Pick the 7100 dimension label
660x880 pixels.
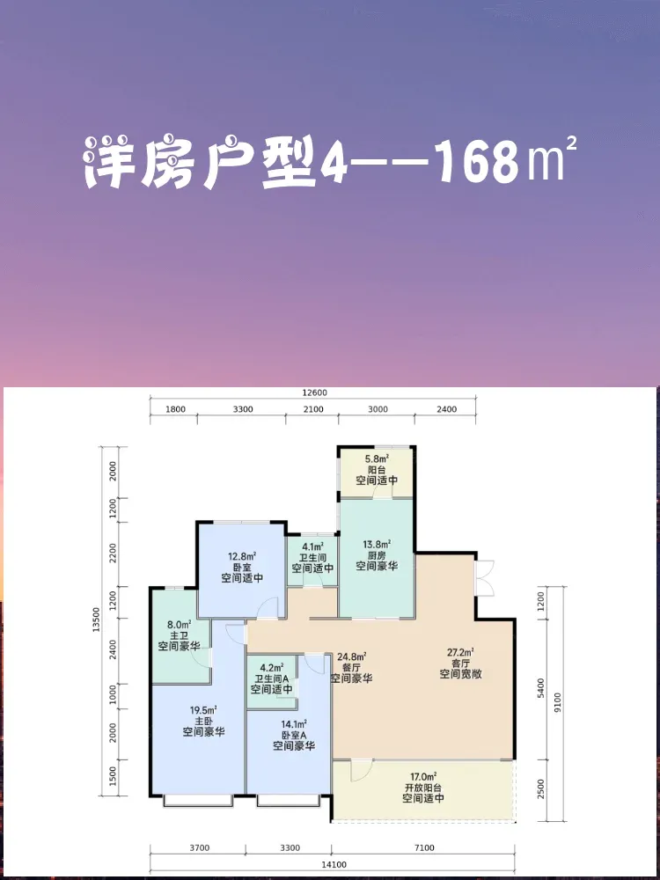(x=423, y=848)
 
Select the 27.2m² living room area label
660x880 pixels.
(x=461, y=652)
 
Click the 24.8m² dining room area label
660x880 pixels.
(x=353, y=656)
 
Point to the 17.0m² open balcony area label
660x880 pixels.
(x=423, y=778)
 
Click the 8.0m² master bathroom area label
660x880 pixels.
(x=180, y=624)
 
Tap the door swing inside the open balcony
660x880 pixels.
(x=362, y=770)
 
